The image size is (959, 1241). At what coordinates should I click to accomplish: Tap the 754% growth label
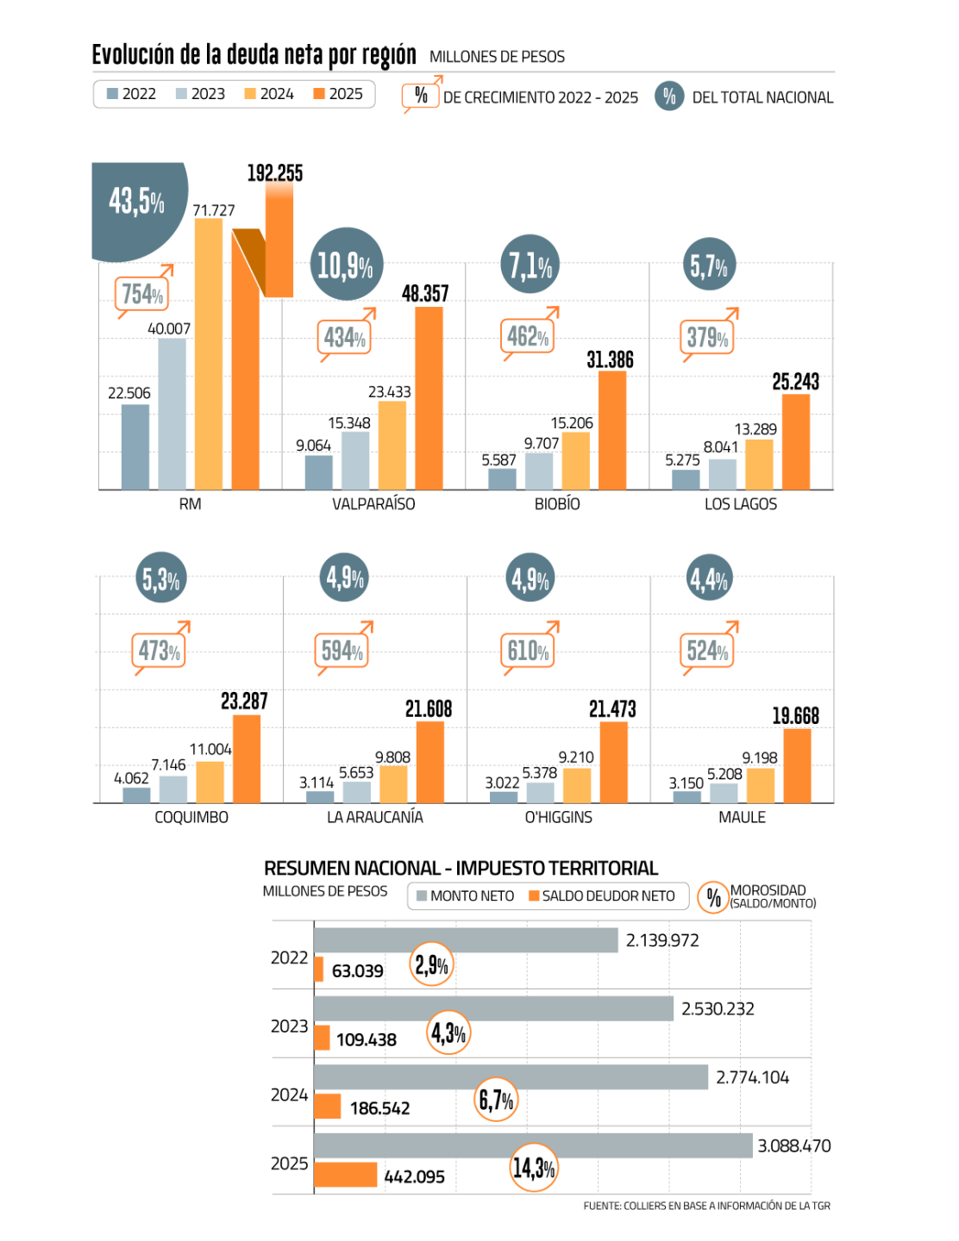[x=141, y=295]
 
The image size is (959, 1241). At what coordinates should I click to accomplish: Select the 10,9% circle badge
[x=346, y=265]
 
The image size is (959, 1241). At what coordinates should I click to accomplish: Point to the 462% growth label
[x=527, y=336]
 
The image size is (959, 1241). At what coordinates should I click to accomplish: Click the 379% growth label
[x=707, y=338]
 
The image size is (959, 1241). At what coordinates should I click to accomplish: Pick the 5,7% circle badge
[x=709, y=265]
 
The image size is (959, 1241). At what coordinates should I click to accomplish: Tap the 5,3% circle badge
[x=161, y=579]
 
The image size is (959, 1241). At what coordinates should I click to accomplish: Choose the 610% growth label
[x=528, y=651]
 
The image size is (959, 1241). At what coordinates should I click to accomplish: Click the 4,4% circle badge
[x=709, y=579]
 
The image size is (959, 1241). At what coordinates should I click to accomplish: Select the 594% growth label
[x=342, y=651]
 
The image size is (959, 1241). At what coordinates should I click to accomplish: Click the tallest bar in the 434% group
[x=429, y=398]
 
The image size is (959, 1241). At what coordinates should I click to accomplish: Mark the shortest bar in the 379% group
[x=686, y=480]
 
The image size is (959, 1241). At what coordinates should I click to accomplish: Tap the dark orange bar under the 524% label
[x=797, y=765]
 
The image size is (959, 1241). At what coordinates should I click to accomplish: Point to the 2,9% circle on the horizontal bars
[x=431, y=964]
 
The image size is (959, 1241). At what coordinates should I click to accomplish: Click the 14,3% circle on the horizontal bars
[x=534, y=1168]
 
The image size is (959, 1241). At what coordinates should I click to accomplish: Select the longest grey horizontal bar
[x=533, y=1145]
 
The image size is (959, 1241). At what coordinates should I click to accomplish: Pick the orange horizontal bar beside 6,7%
[x=328, y=1106]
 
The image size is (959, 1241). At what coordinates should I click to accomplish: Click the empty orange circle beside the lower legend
[x=713, y=897]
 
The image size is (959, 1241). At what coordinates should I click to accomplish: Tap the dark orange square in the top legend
[x=319, y=93]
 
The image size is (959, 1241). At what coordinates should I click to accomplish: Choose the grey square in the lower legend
[x=422, y=895]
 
